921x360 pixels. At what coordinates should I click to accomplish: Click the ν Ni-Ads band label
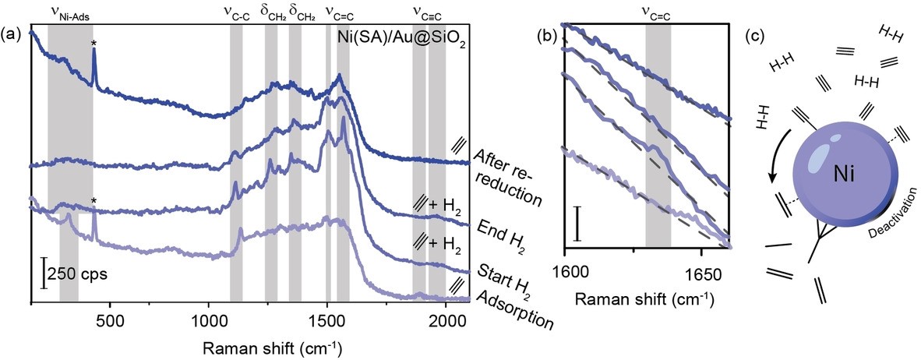[x=69, y=12]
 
